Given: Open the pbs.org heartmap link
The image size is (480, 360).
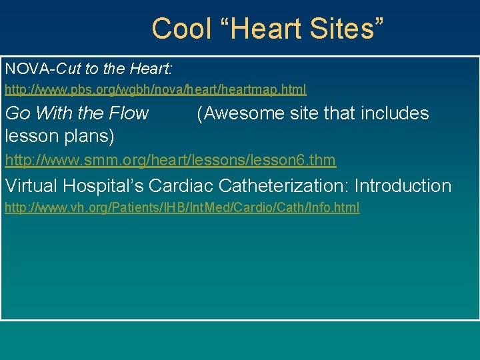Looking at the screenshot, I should (x=155, y=89).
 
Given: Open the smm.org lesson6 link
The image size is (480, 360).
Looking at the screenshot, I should (x=170, y=160).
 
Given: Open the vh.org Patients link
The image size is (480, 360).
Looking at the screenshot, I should (x=182, y=208).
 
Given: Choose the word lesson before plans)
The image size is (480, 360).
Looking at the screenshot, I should (x=32, y=136).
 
